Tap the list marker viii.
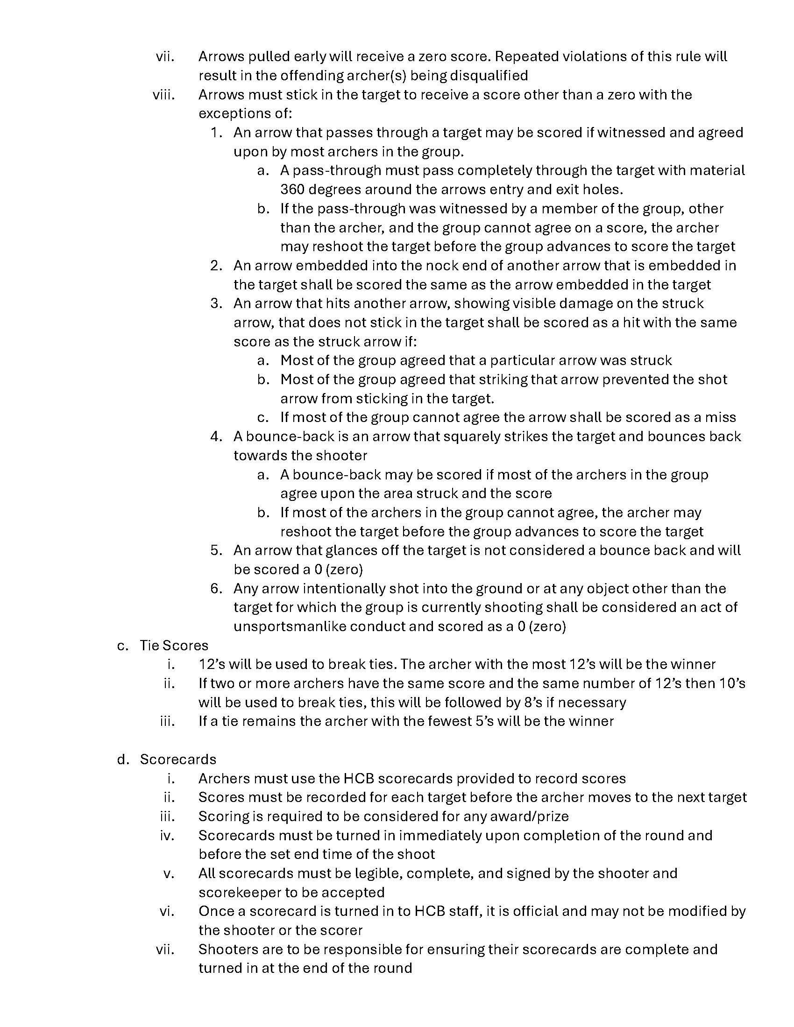tap(163, 94)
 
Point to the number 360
tap(292, 190)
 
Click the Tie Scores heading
tap(174, 645)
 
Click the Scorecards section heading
tap(178, 759)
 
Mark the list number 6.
tap(216, 588)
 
